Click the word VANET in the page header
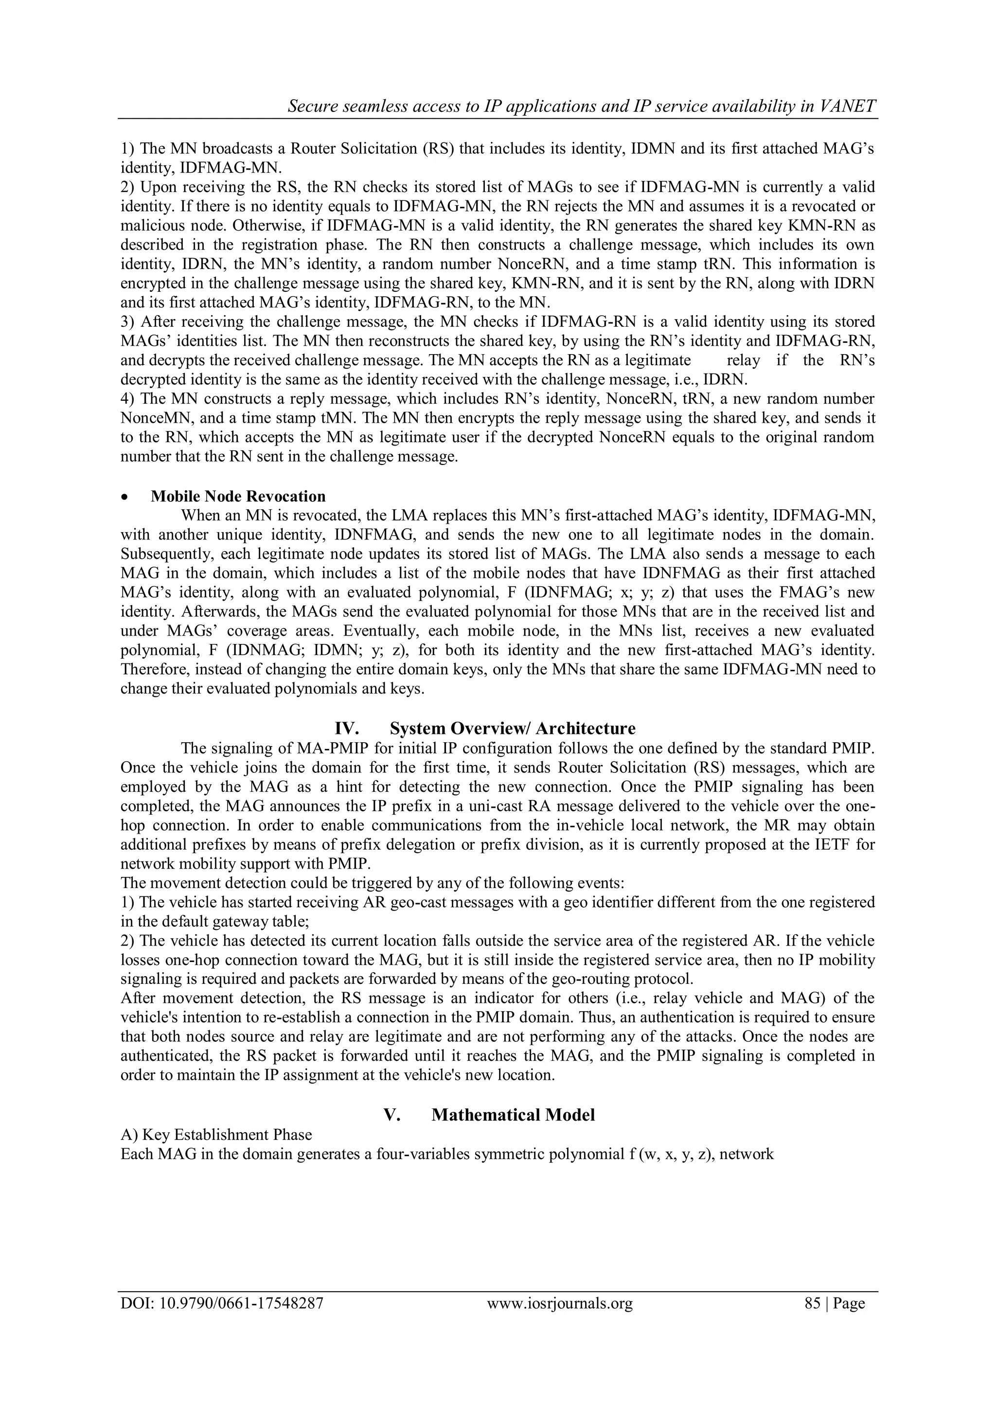tap(848, 106)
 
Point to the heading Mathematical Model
tap(513, 1114)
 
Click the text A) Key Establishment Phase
tap(216, 1135)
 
